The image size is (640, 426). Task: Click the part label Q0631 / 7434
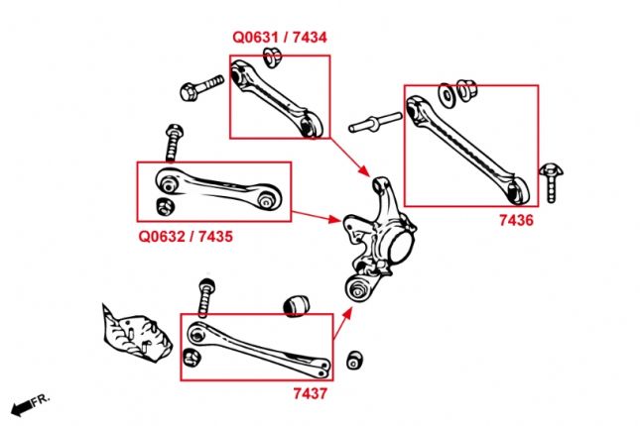click(x=279, y=38)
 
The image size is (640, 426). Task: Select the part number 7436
click(x=515, y=221)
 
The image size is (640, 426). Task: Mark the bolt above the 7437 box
click(x=205, y=295)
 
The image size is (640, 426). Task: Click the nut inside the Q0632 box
click(x=166, y=206)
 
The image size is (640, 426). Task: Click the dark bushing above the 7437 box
click(x=294, y=306)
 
